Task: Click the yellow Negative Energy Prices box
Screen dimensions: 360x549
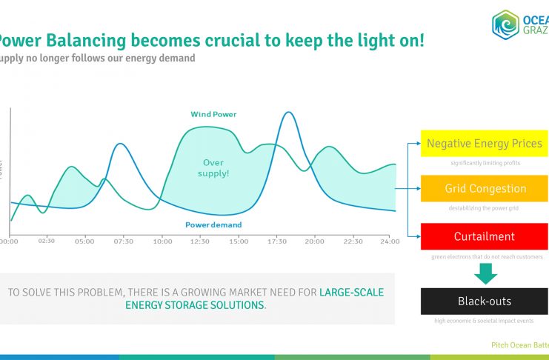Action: point(485,144)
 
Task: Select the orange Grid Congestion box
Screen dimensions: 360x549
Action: point(485,189)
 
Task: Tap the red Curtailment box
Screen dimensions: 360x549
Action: point(485,236)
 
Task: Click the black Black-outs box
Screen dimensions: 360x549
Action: point(485,301)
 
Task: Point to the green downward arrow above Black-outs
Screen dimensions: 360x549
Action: point(485,273)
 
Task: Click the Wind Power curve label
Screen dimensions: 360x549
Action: point(213,114)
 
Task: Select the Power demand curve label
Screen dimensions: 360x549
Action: point(213,224)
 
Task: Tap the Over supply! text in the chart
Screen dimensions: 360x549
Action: point(213,167)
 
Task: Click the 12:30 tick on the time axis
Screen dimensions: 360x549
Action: point(200,241)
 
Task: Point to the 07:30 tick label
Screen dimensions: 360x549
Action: point(124,241)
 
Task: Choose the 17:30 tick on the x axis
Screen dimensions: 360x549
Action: point(277,241)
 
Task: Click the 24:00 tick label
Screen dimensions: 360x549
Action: point(390,241)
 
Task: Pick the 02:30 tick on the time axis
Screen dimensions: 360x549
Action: point(47,241)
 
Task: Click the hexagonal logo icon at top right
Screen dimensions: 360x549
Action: point(505,24)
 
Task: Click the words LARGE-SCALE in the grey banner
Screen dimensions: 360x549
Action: point(351,293)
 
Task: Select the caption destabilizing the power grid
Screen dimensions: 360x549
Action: point(485,208)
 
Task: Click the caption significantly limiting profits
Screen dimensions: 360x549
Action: point(485,162)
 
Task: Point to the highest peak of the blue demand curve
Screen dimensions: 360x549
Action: point(287,113)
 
